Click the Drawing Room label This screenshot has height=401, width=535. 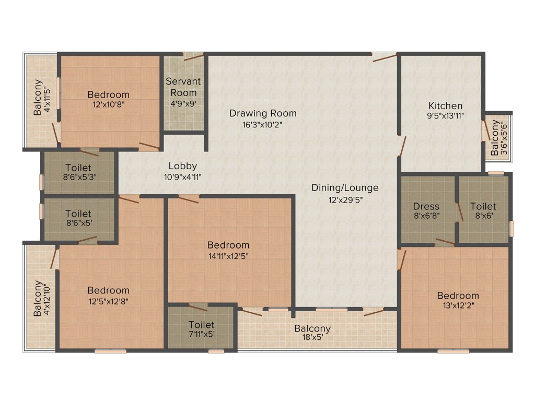263,113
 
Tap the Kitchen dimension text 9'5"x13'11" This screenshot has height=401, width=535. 445,116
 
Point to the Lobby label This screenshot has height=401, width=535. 182,167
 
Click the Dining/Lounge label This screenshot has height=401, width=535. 345,188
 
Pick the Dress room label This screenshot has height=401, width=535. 426,206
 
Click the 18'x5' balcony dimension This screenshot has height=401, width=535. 312,338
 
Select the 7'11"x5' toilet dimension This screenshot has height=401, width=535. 201,334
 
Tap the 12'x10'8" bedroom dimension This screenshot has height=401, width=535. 108,104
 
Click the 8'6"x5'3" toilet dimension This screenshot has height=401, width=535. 78,176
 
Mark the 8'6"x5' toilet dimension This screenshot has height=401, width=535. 78,222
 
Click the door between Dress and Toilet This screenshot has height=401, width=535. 459,211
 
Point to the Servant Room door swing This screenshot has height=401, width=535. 193,57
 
